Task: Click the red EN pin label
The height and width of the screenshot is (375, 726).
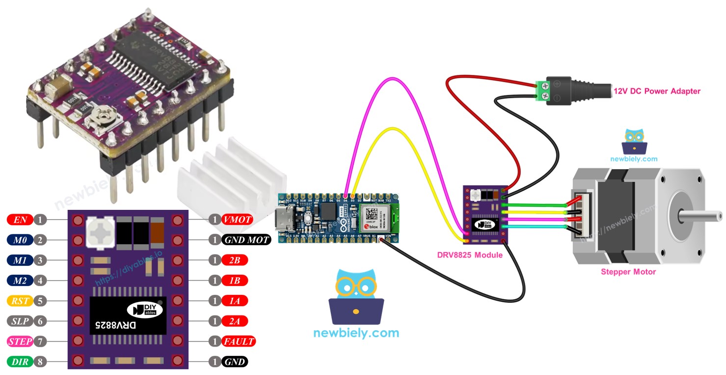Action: click(x=20, y=220)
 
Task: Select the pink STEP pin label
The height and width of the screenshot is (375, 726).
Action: click(x=20, y=341)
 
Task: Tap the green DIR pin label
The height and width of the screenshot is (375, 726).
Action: click(x=20, y=362)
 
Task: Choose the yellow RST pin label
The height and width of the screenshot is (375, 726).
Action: click(x=20, y=300)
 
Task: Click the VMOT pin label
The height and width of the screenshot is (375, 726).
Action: click(x=237, y=220)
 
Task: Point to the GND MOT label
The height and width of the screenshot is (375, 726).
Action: click(x=246, y=240)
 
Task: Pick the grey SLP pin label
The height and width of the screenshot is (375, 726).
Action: click(x=20, y=321)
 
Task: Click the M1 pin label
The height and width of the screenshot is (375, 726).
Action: click(x=20, y=260)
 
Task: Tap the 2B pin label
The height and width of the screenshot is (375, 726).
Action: click(x=235, y=260)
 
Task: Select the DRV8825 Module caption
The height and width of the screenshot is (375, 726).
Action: click(x=470, y=255)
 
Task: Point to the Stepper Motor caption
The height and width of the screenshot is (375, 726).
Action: click(x=628, y=271)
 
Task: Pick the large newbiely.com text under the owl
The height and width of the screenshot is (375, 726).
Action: click(x=356, y=333)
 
